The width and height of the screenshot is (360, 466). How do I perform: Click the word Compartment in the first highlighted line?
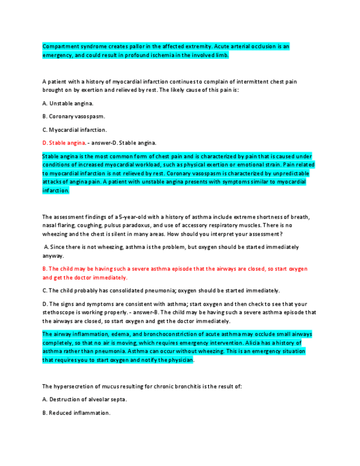(58, 47)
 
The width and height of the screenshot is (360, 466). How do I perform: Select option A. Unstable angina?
(68, 103)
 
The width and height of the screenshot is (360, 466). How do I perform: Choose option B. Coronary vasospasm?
(73, 116)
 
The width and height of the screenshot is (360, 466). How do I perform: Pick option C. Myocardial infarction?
(74, 130)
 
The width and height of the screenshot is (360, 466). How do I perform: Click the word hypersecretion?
(79, 386)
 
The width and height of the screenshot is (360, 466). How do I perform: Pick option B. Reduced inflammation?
(76, 413)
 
